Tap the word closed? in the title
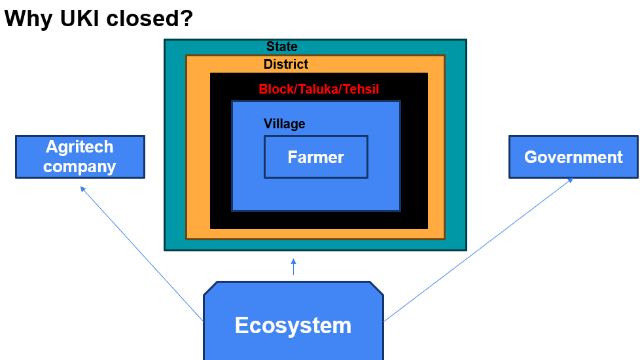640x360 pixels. (148, 18)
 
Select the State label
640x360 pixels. (282, 46)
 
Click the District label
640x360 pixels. (286, 64)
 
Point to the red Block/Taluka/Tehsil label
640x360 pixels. (319, 89)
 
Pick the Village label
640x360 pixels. (284, 124)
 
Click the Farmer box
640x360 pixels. (316, 157)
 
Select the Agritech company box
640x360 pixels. (80, 157)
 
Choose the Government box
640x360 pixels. (573, 157)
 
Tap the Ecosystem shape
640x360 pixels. (293, 325)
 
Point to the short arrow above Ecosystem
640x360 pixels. (293, 266)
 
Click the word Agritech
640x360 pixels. (80, 147)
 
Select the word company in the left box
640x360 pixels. (80, 166)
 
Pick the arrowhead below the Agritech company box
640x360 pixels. (83, 189)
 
